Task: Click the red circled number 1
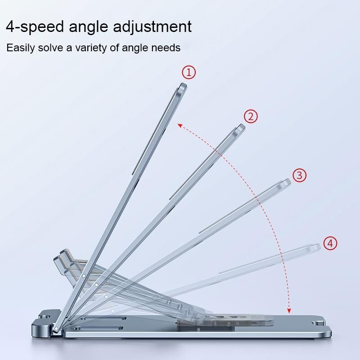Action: coord(189,72)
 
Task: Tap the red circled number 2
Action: coord(251,117)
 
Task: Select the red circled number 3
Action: coord(299,175)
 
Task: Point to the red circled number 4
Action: coord(330,243)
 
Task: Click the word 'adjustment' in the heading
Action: coord(152,27)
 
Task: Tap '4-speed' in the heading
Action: coord(35,27)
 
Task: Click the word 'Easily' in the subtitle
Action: coord(21,48)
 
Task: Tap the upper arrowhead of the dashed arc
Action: coord(180,125)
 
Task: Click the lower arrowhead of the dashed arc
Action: coord(289,310)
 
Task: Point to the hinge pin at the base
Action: coord(55,329)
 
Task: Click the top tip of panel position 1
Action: coord(183,84)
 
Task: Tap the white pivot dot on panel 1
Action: coord(84,276)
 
